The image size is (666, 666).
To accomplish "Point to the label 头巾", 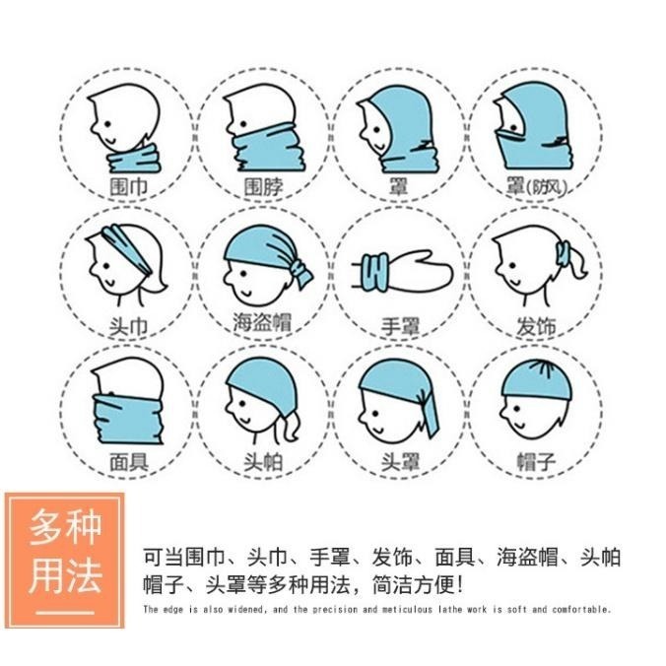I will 127,324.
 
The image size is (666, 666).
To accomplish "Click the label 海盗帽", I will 263,323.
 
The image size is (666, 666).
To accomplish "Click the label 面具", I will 127,460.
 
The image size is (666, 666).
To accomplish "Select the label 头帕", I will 263,460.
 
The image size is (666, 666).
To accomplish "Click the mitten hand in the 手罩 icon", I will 419,272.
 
